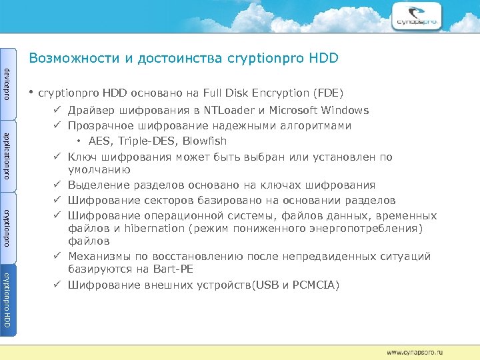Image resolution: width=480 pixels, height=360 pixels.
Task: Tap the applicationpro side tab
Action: [x=7, y=155]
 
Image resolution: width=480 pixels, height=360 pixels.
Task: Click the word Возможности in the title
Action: [x=74, y=59]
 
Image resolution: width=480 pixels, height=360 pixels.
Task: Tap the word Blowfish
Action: [x=205, y=141]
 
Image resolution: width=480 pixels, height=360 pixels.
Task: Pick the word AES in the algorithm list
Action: [x=101, y=141]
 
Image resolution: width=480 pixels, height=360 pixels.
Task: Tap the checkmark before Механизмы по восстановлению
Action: [x=59, y=257]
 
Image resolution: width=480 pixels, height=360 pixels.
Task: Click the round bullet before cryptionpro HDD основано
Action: [x=31, y=92]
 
